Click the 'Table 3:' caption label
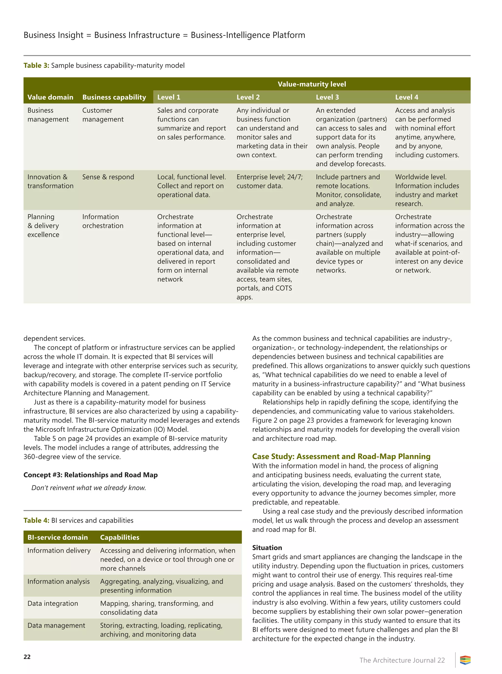click(36, 66)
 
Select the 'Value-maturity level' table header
click(312, 84)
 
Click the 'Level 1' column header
click(169, 97)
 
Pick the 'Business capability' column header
click(114, 97)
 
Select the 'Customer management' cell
click(103, 115)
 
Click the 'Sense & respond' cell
click(108, 177)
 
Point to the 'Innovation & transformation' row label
click(50, 181)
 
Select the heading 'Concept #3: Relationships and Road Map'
click(90, 475)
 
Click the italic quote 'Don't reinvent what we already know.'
click(89, 488)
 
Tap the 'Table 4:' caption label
click(36, 520)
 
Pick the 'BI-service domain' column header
click(57, 537)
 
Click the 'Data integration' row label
click(52, 603)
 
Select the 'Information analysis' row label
click(58, 581)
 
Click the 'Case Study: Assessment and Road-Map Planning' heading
click(341, 456)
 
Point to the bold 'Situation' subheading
click(267, 548)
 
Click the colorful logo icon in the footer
click(465, 660)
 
